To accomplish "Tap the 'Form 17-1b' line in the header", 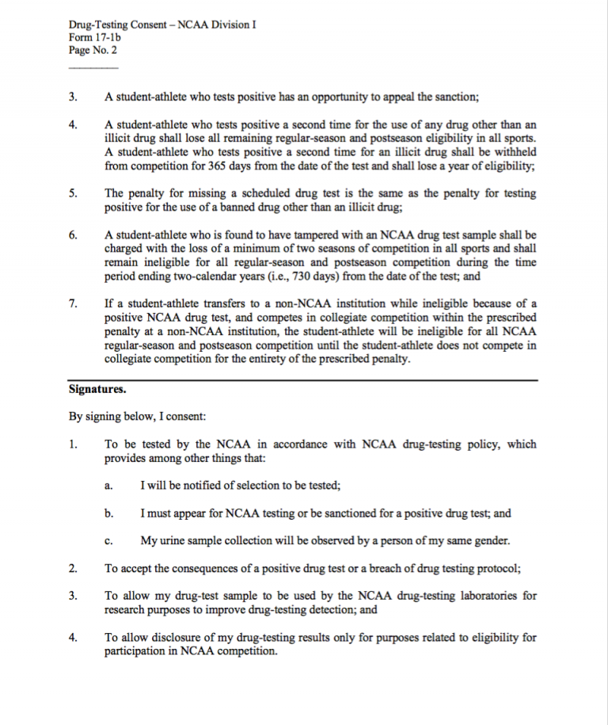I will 94,37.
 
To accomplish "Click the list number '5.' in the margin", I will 73,193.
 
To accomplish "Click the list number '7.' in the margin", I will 73,303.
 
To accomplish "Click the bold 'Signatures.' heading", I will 97,390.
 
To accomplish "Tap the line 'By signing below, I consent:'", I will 138,417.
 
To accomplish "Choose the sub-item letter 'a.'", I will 109,486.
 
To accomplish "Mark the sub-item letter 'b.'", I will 109,513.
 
